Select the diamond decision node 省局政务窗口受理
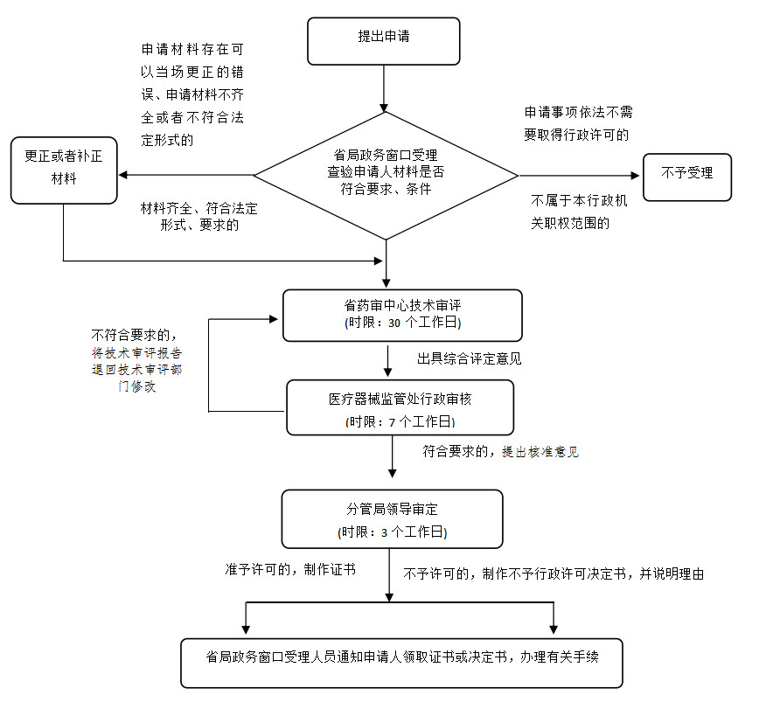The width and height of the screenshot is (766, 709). click(386, 174)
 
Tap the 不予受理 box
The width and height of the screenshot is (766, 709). click(687, 173)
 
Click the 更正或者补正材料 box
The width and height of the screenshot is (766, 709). click(63, 168)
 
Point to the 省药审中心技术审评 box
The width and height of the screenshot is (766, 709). click(402, 315)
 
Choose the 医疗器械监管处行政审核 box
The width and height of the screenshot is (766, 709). click(400, 408)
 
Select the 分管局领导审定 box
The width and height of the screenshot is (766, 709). click(392, 518)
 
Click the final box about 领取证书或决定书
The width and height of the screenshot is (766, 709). click(402, 663)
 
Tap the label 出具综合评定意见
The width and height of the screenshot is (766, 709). click(470, 358)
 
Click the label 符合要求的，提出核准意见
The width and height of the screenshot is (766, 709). click(500, 452)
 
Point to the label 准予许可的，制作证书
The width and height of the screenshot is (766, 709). click(290, 569)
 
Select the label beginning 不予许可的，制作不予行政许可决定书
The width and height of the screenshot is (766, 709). click(554, 574)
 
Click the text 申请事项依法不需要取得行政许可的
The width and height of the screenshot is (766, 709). click(576, 123)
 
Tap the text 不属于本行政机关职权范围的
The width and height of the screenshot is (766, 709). click(579, 212)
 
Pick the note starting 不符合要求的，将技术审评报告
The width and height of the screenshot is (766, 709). click(137, 360)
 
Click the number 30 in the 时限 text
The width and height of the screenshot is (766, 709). click(394, 323)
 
